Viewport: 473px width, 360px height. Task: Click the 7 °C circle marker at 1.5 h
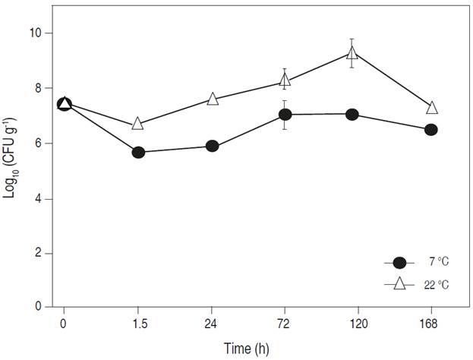click(x=138, y=152)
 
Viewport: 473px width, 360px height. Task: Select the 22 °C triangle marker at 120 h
click(x=352, y=53)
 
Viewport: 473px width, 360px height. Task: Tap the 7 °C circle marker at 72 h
click(x=285, y=114)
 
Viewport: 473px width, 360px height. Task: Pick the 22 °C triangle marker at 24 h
click(x=213, y=99)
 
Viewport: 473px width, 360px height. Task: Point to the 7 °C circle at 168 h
click(x=430, y=129)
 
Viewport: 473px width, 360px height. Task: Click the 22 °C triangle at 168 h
click(x=431, y=108)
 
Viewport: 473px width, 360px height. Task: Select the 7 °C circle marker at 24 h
click(x=213, y=146)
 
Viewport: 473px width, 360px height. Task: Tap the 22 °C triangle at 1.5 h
click(x=138, y=123)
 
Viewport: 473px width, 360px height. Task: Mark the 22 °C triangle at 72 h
click(x=285, y=81)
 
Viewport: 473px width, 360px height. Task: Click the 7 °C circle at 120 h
click(x=352, y=114)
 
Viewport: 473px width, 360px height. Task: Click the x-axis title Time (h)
click(x=246, y=348)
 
